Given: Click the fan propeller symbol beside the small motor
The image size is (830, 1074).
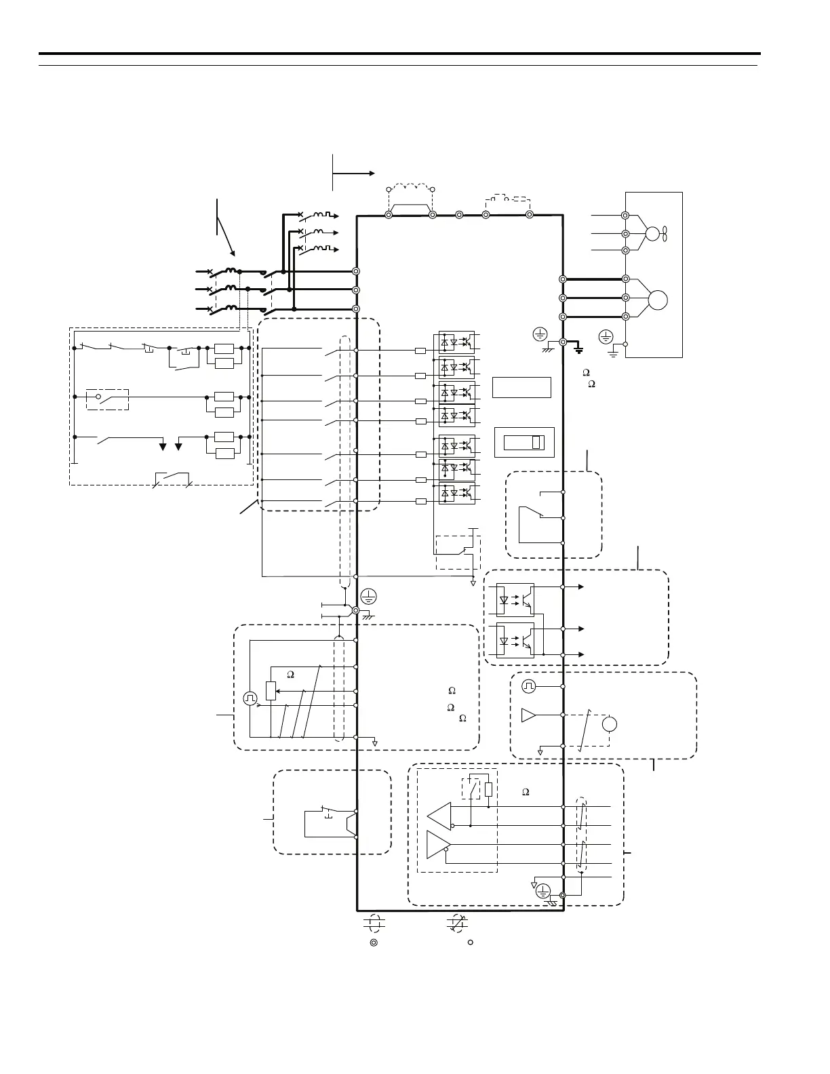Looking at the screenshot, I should pos(667,234).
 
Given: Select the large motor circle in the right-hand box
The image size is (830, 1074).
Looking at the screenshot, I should pos(657,299).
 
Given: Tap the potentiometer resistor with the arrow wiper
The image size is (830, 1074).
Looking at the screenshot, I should pos(271,691).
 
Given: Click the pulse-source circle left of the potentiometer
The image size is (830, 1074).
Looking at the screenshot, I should pos(250,698).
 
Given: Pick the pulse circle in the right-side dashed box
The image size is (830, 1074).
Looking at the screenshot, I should pos(528,687).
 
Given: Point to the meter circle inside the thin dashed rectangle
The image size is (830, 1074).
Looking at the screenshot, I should pos(610,723).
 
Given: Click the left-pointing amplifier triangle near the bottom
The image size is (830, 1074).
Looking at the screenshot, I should pos(439,814).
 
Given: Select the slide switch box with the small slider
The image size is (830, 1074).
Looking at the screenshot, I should pos(524,443).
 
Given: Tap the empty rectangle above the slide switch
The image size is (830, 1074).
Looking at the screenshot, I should pos(521,387).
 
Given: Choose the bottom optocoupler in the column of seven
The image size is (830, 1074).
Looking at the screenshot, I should pos(457,494).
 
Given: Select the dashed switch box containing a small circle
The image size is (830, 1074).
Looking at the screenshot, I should pos(108,399).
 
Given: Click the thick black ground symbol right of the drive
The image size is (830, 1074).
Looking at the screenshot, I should pos(578,349).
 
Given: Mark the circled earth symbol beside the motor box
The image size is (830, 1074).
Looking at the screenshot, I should pos(606,336).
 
